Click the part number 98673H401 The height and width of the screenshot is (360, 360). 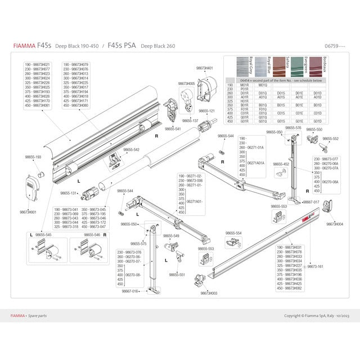[204, 68]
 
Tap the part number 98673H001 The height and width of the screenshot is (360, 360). [28, 212]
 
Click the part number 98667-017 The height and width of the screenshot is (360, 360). [310, 202]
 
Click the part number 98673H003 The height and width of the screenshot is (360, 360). [209, 293]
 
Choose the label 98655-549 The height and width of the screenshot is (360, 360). [172, 236]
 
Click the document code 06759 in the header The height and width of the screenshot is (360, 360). [333, 45]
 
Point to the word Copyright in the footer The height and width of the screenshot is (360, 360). [294, 316]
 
